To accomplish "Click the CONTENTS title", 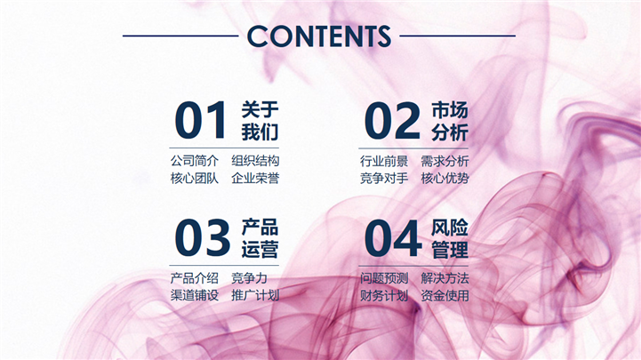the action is (x=319, y=36).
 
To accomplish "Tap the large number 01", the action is (x=201, y=120).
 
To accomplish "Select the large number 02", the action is (x=392, y=120).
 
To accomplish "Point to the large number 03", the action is (x=203, y=238).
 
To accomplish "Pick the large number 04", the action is (x=393, y=238).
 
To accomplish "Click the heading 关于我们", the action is (x=260, y=121).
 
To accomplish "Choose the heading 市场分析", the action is (x=450, y=122).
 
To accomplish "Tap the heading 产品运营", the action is (x=260, y=238).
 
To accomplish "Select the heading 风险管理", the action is (x=450, y=238).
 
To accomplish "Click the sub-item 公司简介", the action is (x=195, y=161).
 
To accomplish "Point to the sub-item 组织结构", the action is (x=255, y=161).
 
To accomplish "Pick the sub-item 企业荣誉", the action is (x=255, y=178).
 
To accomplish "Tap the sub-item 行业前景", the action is (x=384, y=161).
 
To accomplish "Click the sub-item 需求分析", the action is (x=445, y=161).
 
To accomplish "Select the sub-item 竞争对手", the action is (x=384, y=178).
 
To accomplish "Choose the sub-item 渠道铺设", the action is (x=195, y=295).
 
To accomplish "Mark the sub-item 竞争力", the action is (x=249, y=278).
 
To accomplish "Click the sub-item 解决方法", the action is (x=445, y=278).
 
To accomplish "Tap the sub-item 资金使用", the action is (x=445, y=295).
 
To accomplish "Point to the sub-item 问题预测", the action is (x=384, y=278).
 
